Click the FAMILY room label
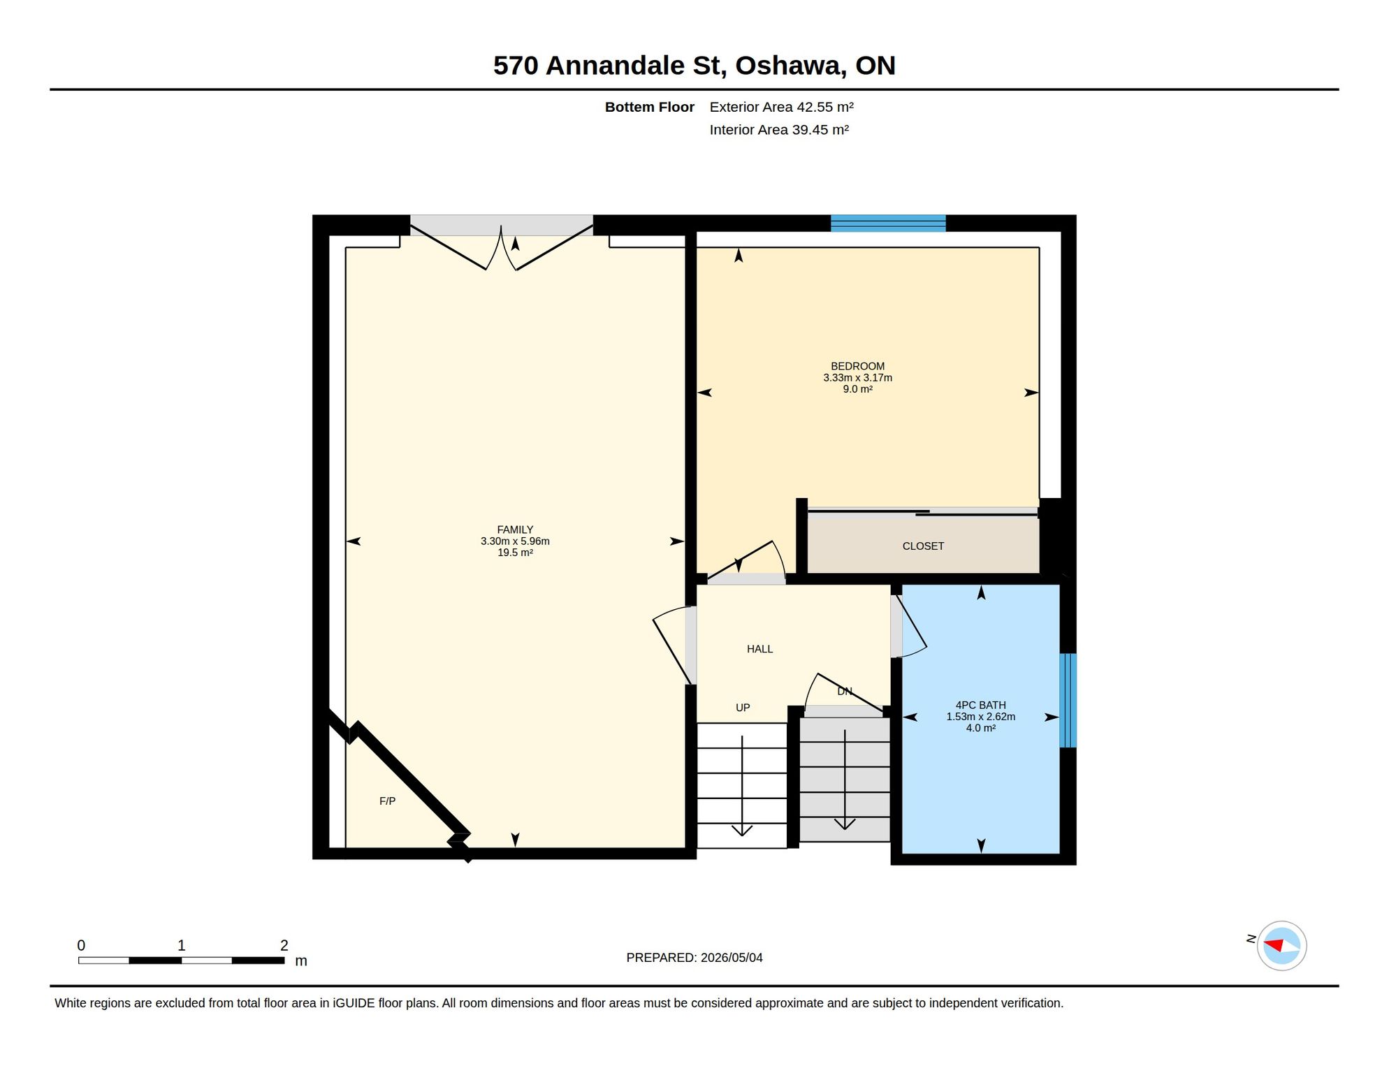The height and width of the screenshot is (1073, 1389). point(515,530)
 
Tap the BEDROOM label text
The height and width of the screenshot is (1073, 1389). point(857,366)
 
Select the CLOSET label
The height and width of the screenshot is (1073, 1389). point(923,546)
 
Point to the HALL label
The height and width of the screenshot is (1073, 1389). point(759,649)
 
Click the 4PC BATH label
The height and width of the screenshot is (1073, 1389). point(980,706)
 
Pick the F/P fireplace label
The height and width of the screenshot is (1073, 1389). point(387,801)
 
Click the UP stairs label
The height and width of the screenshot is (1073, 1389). point(743,708)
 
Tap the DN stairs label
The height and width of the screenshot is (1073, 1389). point(845,692)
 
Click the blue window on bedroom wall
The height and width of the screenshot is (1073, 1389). point(888,224)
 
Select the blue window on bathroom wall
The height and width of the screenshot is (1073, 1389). point(1068,700)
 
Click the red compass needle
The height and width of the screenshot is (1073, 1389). point(1274,945)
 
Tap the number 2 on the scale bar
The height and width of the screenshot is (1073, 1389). point(284,945)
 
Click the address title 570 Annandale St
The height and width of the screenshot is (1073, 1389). point(606,66)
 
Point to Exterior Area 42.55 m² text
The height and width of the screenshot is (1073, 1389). point(781,107)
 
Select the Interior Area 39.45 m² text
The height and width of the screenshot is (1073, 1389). point(779,130)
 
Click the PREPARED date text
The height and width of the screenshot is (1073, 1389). point(694,958)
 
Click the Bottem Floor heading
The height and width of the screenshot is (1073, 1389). point(649,107)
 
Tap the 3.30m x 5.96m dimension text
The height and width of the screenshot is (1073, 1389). point(515,541)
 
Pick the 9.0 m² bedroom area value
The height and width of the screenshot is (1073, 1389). point(857,389)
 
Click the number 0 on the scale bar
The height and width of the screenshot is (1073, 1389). point(81,945)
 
